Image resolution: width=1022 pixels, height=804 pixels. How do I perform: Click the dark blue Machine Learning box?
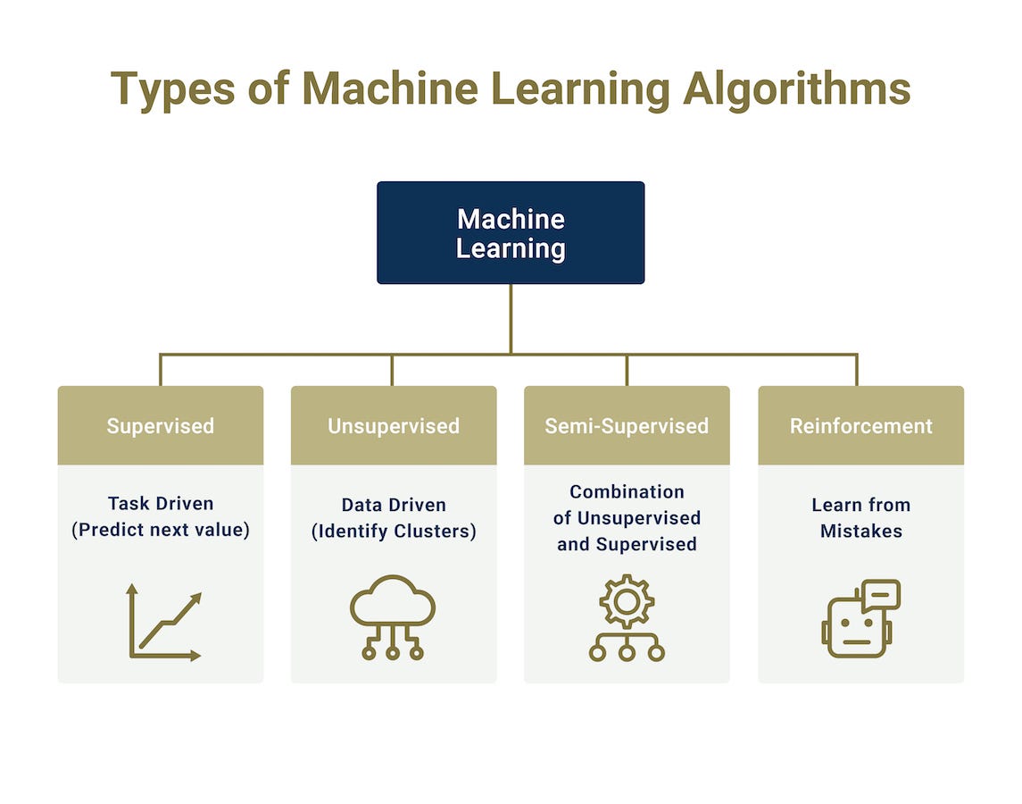[510, 232]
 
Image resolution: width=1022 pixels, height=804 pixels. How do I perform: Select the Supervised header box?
[161, 425]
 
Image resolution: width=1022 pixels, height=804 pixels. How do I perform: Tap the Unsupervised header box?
[394, 425]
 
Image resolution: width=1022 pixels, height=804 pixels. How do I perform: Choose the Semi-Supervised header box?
[627, 425]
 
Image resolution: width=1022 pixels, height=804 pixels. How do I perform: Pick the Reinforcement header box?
[860, 425]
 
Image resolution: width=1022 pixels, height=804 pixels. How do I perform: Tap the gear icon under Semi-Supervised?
[627, 602]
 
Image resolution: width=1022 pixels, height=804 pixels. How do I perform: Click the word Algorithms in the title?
[797, 88]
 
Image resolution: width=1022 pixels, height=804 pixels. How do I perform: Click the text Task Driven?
[161, 503]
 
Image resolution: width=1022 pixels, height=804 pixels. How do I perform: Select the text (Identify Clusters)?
[394, 531]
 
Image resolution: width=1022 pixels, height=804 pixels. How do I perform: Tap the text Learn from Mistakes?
[860, 517]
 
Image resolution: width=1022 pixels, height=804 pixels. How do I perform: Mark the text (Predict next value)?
[161, 530]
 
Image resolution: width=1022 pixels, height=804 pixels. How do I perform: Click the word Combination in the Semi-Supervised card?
[627, 491]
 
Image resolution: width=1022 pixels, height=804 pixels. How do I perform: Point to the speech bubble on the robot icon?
[881, 594]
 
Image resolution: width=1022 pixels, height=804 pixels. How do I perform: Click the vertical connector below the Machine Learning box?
[511, 318]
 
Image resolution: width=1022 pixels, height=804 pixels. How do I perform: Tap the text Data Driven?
[394, 505]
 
